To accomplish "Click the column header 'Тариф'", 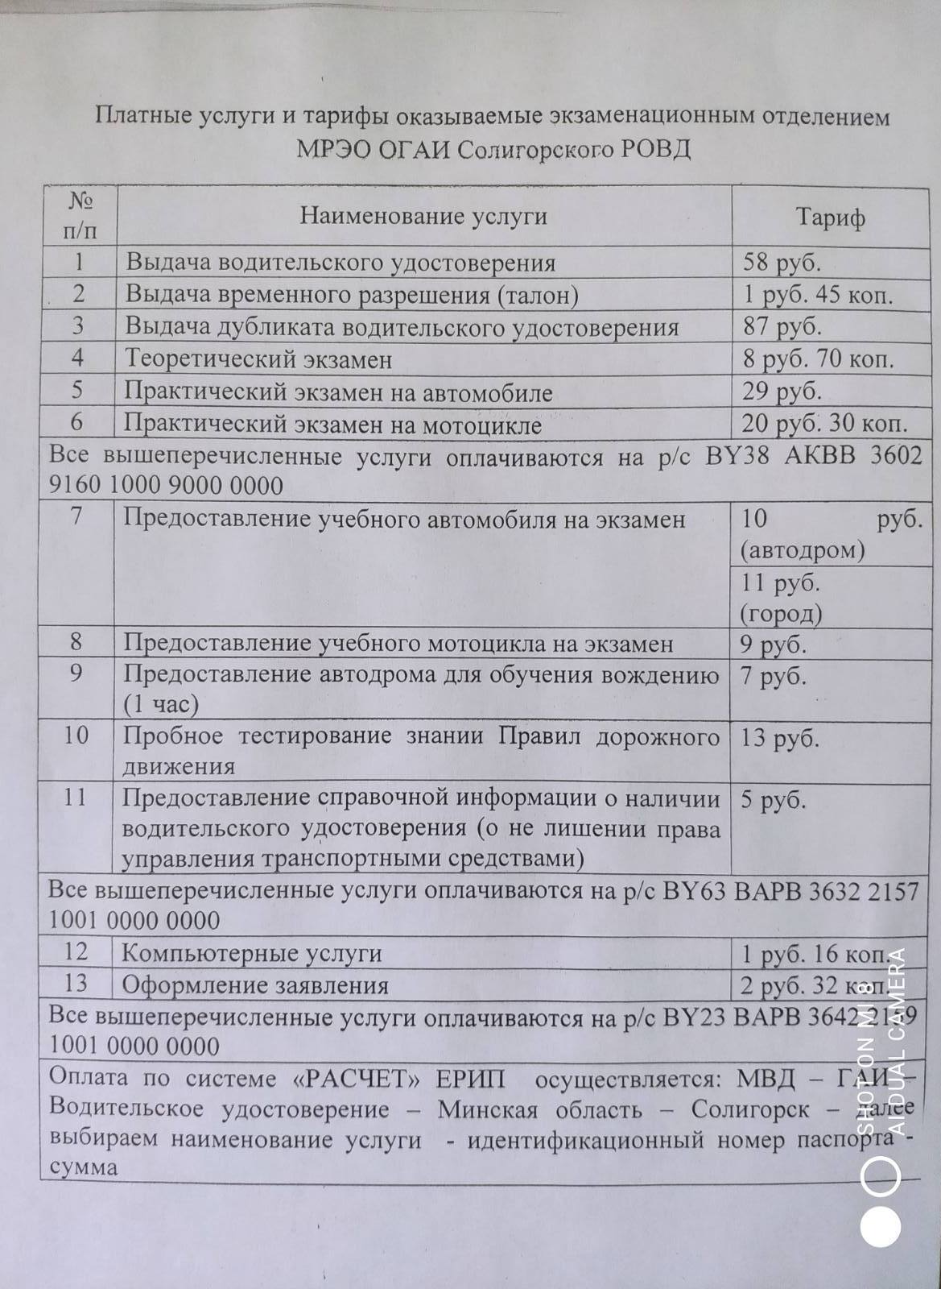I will coord(831,218).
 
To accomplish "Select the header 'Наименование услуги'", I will coord(423,216).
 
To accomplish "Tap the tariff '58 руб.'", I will coord(782,263).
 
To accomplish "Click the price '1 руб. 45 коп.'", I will coord(818,295).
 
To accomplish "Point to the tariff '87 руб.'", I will coord(782,327).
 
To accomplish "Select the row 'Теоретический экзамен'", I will coord(258,359).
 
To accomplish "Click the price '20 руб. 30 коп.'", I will coord(824,424).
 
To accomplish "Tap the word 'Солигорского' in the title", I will coord(534,150).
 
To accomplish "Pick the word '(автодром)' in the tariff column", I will coord(802,551).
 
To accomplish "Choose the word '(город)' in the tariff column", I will coord(780,615).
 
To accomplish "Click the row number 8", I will coord(77,643).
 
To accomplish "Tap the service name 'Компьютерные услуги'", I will coord(251,953).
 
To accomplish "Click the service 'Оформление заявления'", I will coord(255,985).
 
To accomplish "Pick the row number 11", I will coord(76,798).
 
